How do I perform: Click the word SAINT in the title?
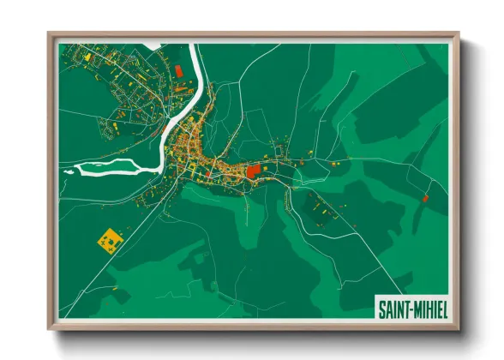point(393,307)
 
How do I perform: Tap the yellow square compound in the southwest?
point(109,239)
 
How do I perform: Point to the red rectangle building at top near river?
point(179,70)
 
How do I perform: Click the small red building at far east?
point(425,198)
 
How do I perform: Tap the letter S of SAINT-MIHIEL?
point(381,307)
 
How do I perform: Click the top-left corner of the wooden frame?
point(48,33)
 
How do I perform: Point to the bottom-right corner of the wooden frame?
point(459,330)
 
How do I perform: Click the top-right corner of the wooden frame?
point(459,33)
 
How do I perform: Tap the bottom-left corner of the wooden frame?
point(48,330)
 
